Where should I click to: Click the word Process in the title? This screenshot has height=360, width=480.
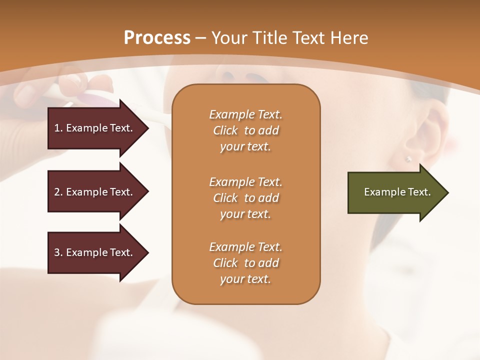tap(157, 38)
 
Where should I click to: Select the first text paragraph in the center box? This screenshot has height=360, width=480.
tap(245, 130)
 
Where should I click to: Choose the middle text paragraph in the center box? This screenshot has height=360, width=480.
tap(245, 198)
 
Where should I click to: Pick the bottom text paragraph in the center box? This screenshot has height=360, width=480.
tap(245, 263)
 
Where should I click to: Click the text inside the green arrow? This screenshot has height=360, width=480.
tap(397, 192)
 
